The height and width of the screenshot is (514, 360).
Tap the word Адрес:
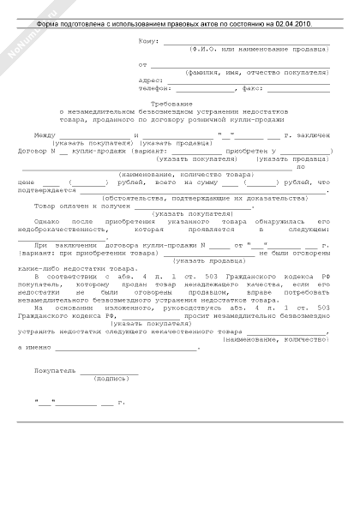click(x=150, y=79)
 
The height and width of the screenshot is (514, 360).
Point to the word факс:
click(x=253, y=87)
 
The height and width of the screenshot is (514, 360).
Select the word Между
click(x=44, y=135)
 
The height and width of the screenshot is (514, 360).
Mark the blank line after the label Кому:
click(x=246, y=41)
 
